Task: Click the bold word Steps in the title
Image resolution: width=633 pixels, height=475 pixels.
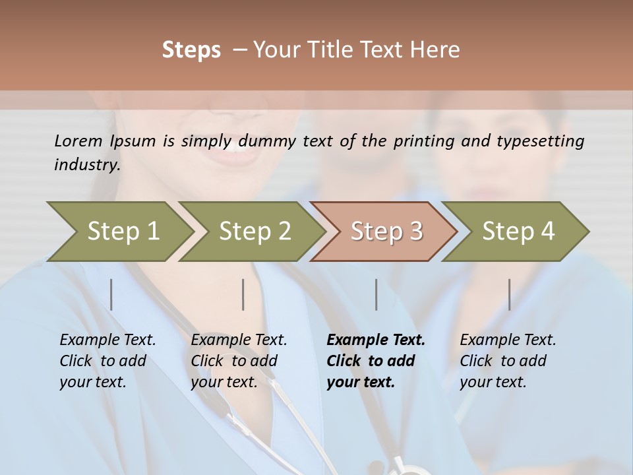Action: [x=191, y=50]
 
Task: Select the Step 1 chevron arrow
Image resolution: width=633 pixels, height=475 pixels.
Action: [x=119, y=231]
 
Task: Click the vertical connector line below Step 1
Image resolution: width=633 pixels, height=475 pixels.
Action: [x=111, y=294]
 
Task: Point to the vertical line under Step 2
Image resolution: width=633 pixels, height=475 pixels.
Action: [x=243, y=294]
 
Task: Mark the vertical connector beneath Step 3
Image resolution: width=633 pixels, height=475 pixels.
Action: [x=376, y=294]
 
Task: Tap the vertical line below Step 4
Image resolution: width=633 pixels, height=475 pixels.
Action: [x=509, y=294]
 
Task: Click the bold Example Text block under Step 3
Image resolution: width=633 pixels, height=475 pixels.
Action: [x=375, y=361]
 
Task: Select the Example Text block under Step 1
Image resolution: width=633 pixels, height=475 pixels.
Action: [x=107, y=361]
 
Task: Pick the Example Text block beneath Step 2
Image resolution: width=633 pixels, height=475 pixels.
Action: [x=239, y=361]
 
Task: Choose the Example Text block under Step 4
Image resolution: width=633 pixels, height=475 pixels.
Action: [x=508, y=361]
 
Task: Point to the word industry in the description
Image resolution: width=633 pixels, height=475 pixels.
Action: [x=86, y=165]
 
